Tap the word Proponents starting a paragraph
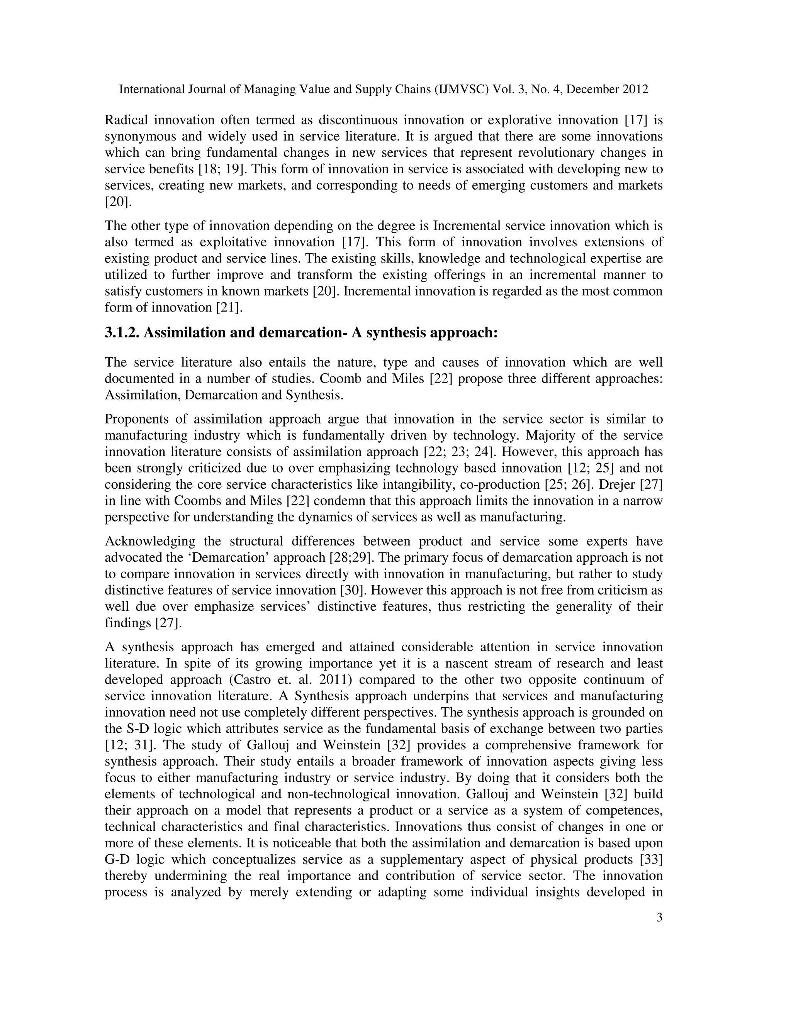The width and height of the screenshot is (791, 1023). [134, 419]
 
